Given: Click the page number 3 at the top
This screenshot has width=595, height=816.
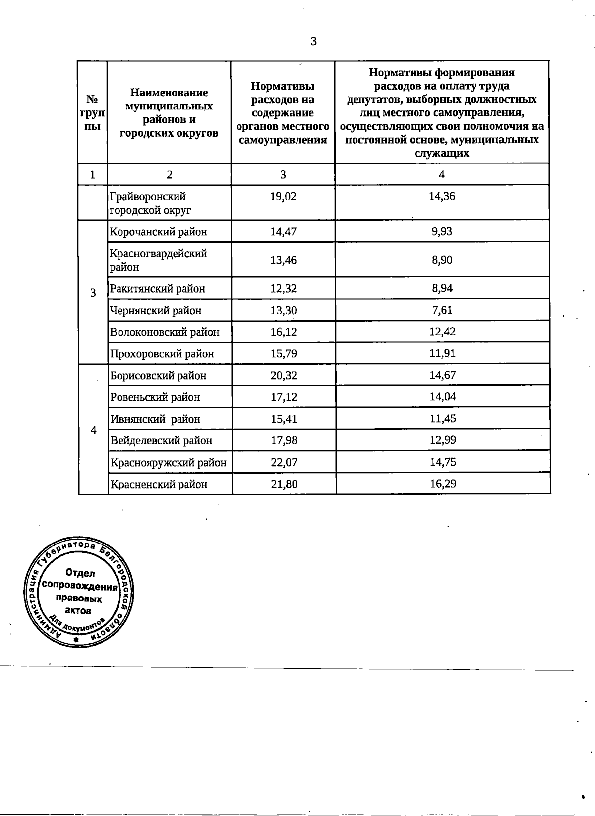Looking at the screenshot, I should point(313,42).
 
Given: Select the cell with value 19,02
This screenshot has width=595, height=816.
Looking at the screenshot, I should point(283,197).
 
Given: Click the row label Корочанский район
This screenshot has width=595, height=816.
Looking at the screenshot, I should point(158,232).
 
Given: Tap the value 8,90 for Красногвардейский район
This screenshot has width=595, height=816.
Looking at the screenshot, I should point(442,260).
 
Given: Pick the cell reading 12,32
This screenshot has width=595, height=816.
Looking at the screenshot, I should point(283,288).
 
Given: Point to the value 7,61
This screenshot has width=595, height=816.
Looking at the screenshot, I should point(442,310).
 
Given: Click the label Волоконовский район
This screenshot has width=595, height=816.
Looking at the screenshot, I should point(164,332).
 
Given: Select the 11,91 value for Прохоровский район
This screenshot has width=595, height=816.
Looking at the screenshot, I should point(442,353).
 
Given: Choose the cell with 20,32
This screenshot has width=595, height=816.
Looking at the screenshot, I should point(284,376).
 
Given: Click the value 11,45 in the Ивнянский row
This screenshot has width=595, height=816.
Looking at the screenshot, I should point(442,419).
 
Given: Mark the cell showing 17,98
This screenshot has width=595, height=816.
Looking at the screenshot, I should point(284,440).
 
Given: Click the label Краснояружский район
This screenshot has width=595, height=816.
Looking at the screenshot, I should point(168,462).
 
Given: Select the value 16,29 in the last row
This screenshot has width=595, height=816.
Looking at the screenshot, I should point(443,484).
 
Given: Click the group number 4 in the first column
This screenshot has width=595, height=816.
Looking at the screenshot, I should point(93,430).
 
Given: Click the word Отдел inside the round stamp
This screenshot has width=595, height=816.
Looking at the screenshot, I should point(80,573).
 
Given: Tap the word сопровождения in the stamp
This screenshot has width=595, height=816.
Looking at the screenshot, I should point(80,586).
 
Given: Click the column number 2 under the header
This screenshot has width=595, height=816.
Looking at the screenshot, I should point(170,174).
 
